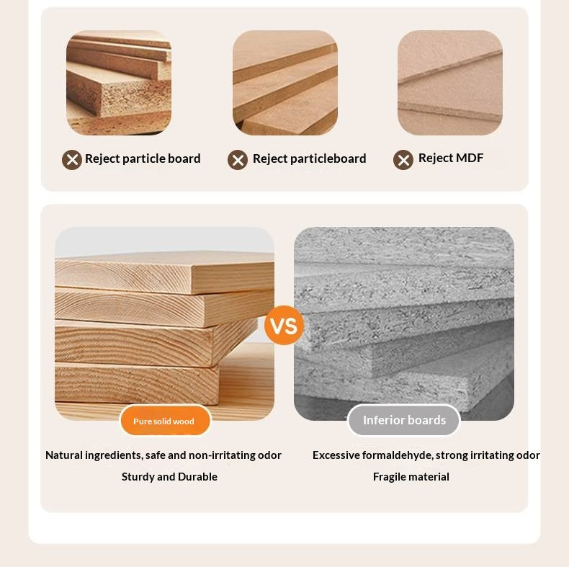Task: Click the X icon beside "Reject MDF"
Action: click(x=403, y=160)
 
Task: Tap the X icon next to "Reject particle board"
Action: click(x=72, y=160)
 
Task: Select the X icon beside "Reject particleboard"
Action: click(x=238, y=160)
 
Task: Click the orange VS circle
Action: click(x=284, y=325)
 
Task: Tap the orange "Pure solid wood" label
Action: click(x=165, y=421)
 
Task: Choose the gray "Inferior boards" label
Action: click(x=404, y=420)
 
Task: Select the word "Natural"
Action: click(x=64, y=455)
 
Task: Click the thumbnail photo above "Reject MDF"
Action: click(x=450, y=83)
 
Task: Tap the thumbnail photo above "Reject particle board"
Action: click(x=119, y=83)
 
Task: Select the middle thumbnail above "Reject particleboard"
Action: click(x=285, y=83)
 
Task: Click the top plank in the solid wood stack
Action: click(x=165, y=272)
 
